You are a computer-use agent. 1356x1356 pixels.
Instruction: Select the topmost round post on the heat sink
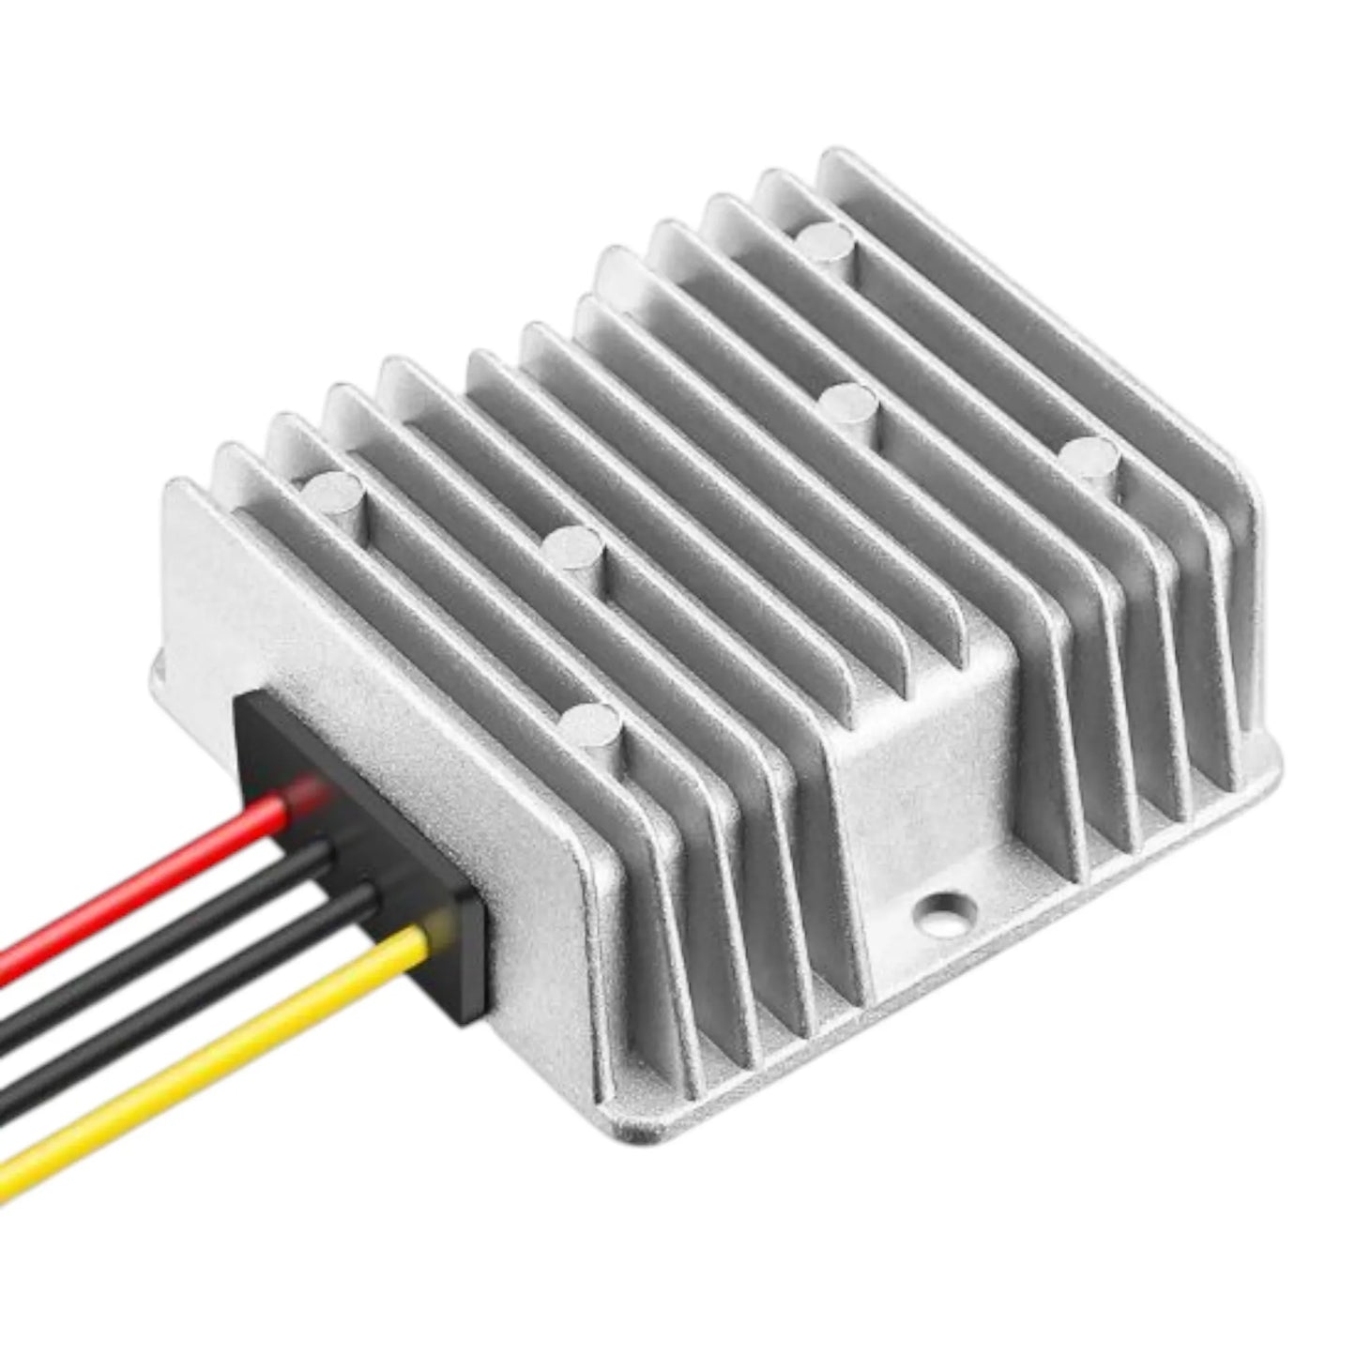coord(827,242)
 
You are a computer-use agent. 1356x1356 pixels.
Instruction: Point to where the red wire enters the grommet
coord(310,798)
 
